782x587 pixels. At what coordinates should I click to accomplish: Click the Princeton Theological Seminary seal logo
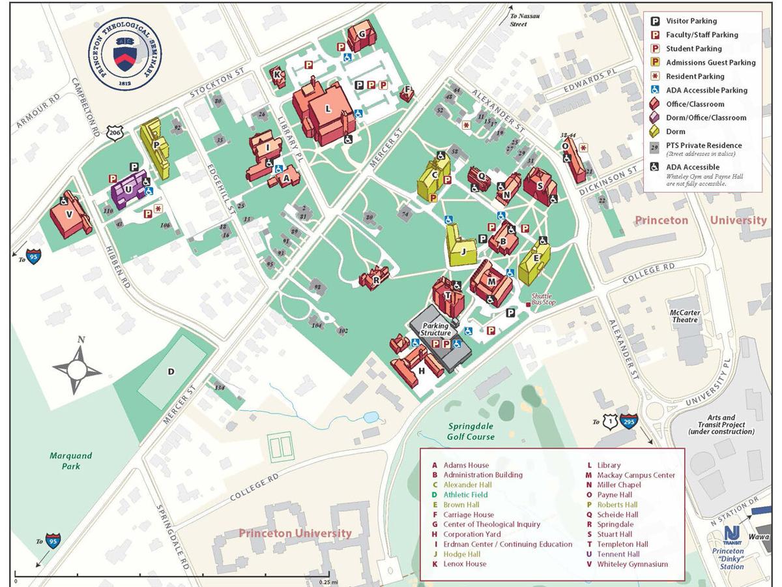(126, 57)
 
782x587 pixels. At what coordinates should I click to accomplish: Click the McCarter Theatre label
(685, 316)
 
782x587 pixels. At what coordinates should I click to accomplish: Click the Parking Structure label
(435, 329)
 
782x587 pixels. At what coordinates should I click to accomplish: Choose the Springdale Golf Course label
(471, 432)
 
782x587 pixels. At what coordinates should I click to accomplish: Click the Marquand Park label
(71, 460)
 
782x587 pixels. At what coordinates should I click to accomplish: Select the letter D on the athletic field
(171, 372)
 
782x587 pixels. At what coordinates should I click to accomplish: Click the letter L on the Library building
(328, 110)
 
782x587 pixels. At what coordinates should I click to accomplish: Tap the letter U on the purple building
(129, 189)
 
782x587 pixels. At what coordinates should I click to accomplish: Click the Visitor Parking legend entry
(691, 21)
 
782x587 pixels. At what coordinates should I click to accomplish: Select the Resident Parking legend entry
(695, 76)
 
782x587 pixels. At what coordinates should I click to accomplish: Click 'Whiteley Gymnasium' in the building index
(632, 564)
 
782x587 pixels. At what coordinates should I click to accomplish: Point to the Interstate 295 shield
(629, 422)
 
